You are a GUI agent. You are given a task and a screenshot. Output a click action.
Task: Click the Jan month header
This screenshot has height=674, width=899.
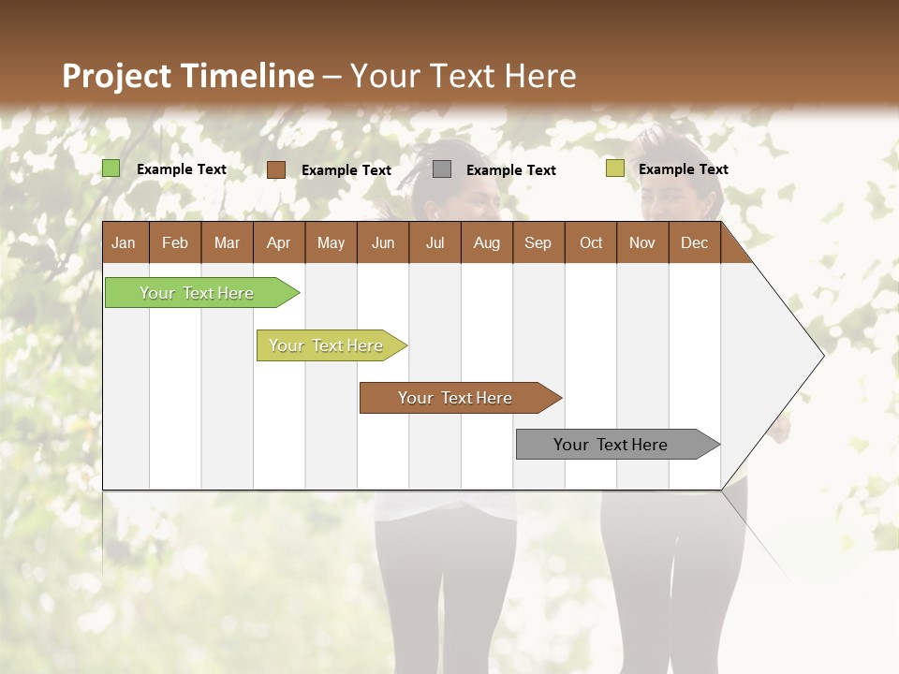pyautogui.click(x=124, y=242)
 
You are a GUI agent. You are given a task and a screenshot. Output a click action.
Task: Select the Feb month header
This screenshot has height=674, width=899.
pyautogui.click(x=175, y=242)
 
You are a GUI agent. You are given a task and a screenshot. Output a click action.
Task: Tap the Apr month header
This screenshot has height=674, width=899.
pyautogui.click(x=278, y=242)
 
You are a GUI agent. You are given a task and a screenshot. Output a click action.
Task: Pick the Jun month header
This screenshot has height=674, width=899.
pyautogui.click(x=383, y=242)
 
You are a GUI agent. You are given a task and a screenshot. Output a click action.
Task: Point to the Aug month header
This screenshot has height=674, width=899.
pyautogui.click(x=486, y=242)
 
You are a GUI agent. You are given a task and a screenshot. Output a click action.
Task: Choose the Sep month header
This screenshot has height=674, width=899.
pyautogui.click(x=538, y=242)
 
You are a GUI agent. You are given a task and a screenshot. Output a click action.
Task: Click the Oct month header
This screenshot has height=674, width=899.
pyautogui.click(x=591, y=242)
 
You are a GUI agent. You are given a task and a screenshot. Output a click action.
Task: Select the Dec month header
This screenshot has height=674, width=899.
pyautogui.click(x=694, y=242)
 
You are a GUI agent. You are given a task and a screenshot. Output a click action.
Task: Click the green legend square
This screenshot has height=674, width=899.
pyautogui.click(x=111, y=168)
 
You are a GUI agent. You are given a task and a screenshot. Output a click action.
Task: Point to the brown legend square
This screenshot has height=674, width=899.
pyautogui.click(x=276, y=169)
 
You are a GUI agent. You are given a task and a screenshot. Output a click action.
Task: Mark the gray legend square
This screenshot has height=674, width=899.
pyautogui.click(x=442, y=169)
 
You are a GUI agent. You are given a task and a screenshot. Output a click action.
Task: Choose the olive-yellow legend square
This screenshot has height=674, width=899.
pyautogui.click(x=615, y=168)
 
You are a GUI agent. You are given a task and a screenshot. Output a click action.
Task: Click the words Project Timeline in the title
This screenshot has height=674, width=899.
pyautogui.click(x=188, y=76)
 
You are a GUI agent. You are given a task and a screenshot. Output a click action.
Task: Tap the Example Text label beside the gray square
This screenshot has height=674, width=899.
pyautogui.click(x=510, y=170)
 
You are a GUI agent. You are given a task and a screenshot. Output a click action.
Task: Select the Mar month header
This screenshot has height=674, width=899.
pyautogui.click(x=227, y=242)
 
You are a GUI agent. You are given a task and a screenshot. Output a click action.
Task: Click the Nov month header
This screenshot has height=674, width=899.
pyautogui.click(x=641, y=242)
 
